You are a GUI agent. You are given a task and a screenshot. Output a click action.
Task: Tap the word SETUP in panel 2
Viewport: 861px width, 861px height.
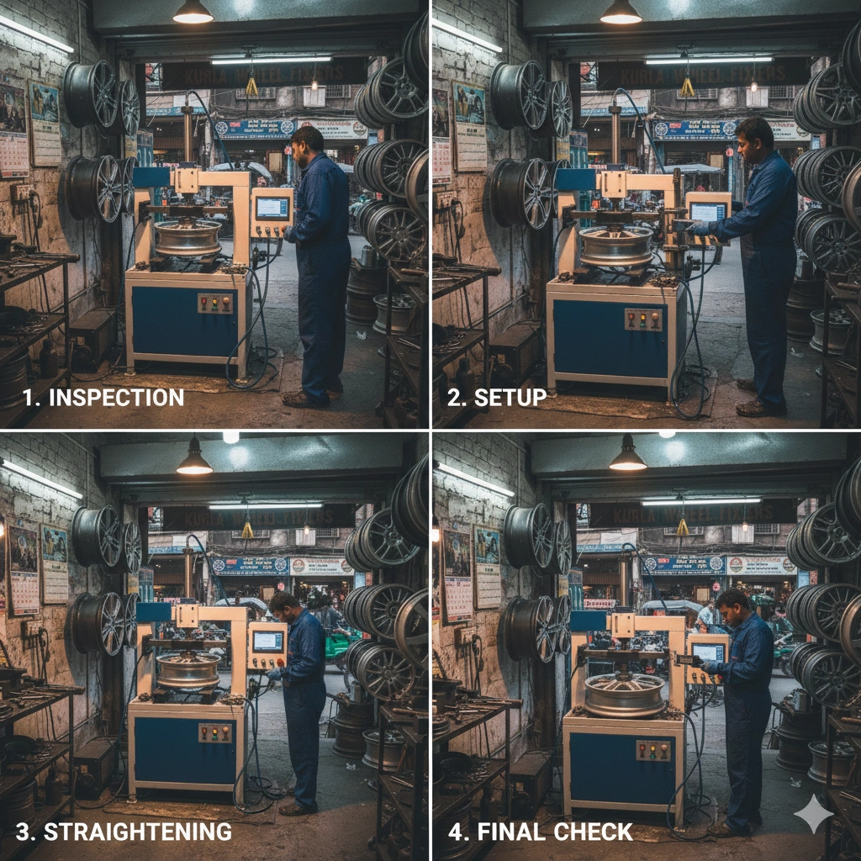click(x=510, y=398)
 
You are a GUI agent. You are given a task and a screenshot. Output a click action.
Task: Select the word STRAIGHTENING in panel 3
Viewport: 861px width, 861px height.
click(x=137, y=832)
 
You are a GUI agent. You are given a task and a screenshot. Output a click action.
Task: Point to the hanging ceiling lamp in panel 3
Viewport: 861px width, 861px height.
click(x=194, y=458)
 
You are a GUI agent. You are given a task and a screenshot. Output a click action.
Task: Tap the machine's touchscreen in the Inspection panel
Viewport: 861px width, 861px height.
click(x=272, y=208)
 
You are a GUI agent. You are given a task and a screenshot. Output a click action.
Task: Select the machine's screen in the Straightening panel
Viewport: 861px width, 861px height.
click(x=267, y=642)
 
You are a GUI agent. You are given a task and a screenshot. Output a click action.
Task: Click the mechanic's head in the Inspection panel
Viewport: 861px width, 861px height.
click(x=309, y=142)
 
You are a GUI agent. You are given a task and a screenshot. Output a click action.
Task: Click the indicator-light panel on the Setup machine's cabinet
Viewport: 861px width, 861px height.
click(x=642, y=320)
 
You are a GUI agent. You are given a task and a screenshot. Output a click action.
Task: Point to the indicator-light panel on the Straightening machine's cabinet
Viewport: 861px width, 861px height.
click(x=215, y=733)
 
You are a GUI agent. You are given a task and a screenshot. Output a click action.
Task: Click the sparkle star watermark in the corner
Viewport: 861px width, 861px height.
click(x=813, y=814)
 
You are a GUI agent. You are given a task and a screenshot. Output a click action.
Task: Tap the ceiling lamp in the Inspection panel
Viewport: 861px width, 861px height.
click(x=193, y=12)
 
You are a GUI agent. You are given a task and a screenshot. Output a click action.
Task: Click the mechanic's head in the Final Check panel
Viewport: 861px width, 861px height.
click(x=732, y=604)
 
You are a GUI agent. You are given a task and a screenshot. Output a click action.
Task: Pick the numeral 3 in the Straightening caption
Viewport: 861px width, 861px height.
click(x=23, y=832)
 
